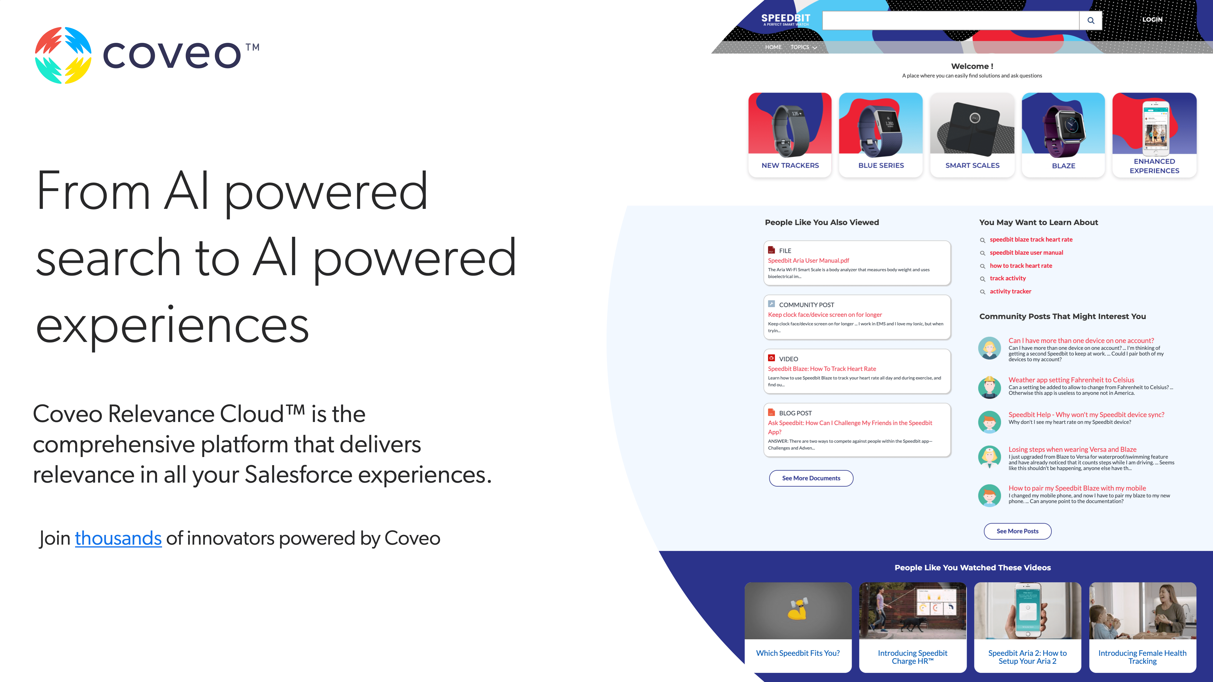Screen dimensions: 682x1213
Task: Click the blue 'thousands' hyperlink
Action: (118, 538)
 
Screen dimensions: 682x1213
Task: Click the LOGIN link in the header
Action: (1152, 19)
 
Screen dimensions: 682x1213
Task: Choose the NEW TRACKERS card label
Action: (790, 165)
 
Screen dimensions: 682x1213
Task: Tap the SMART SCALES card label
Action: (972, 165)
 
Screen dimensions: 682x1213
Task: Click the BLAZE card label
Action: (1063, 166)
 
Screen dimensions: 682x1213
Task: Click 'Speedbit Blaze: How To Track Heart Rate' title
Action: (822, 368)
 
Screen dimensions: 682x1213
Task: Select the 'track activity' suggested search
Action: (1008, 278)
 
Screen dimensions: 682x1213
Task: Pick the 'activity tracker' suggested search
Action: (1010, 291)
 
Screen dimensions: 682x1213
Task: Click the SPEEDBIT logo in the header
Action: (785, 19)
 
